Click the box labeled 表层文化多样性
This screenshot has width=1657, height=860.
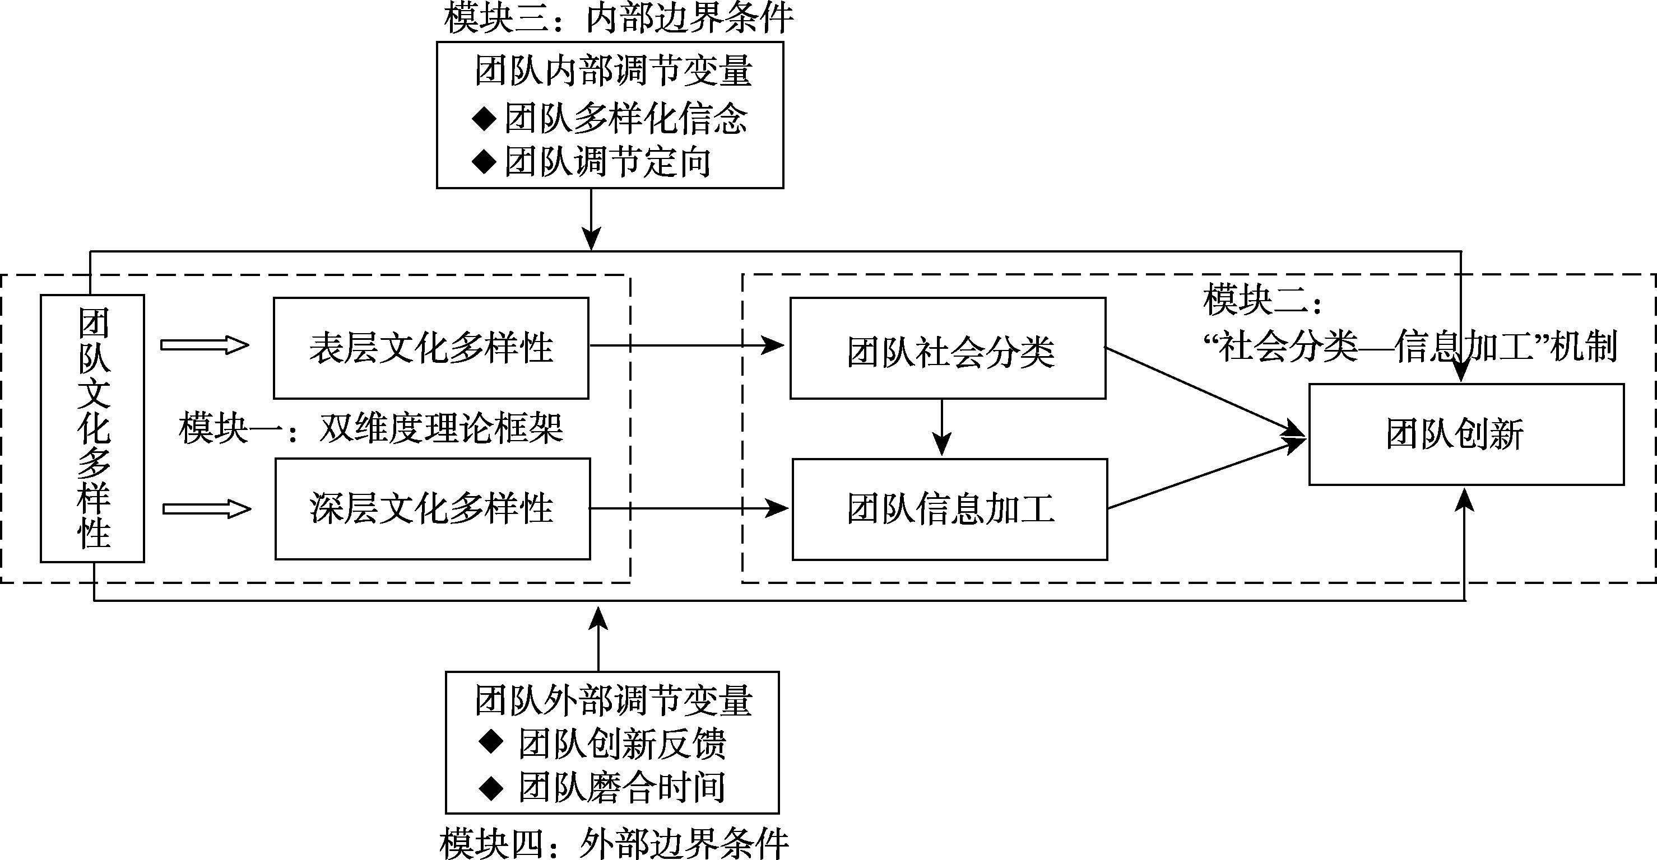click(431, 348)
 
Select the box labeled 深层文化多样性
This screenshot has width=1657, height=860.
click(432, 508)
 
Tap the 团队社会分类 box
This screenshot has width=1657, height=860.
click(948, 350)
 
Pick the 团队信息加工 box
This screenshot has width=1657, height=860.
click(949, 509)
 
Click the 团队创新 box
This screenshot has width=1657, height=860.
click(1466, 434)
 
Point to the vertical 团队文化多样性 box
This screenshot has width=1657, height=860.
click(92, 428)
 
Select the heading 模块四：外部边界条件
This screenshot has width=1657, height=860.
click(614, 843)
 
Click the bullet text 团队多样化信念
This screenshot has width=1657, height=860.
click(625, 119)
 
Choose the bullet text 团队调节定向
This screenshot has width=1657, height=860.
click(607, 161)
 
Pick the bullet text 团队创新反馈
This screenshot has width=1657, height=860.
click(622, 744)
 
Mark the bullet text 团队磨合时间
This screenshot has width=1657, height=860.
click(622, 787)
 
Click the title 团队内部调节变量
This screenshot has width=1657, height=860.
click(613, 71)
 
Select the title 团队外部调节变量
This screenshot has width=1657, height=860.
click(613, 700)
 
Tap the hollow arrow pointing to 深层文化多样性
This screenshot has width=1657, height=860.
click(206, 509)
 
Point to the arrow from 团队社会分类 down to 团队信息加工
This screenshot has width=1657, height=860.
click(942, 427)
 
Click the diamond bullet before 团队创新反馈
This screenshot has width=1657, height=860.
click(491, 742)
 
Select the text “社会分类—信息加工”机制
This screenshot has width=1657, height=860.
click(1409, 347)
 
